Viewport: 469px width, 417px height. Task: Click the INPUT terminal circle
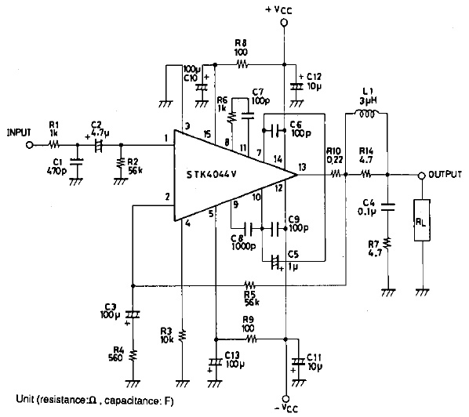click(x=29, y=145)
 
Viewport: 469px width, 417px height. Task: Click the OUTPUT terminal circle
click(x=421, y=176)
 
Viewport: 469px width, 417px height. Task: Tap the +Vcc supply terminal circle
click(x=284, y=23)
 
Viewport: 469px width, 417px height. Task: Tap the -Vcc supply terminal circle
click(x=286, y=398)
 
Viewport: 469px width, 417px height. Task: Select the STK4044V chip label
click(x=212, y=175)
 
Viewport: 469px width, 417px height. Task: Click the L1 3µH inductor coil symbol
click(x=367, y=114)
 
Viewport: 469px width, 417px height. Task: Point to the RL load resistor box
click(x=422, y=220)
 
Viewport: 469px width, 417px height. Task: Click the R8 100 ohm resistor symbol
click(x=242, y=64)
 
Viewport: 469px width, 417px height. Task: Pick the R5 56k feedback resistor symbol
click(x=249, y=285)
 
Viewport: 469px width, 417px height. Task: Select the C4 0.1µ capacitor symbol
click(x=387, y=207)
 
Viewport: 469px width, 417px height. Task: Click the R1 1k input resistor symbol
click(x=54, y=145)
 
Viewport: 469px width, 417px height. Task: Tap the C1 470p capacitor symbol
click(x=77, y=162)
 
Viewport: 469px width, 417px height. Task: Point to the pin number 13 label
click(x=302, y=167)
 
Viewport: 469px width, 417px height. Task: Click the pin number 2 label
click(x=167, y=197)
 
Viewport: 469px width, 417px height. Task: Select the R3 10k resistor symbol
click(x=182, y=335)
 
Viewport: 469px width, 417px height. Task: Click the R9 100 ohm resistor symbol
click(x=251, y=339)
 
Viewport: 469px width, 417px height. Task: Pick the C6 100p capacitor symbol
click(x=274, y=131)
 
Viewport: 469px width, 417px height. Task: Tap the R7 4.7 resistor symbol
click(x=387, y=244)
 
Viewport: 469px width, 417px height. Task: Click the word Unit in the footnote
click(x=25, y=399)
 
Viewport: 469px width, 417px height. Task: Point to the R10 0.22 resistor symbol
click(x=336, y=173)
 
